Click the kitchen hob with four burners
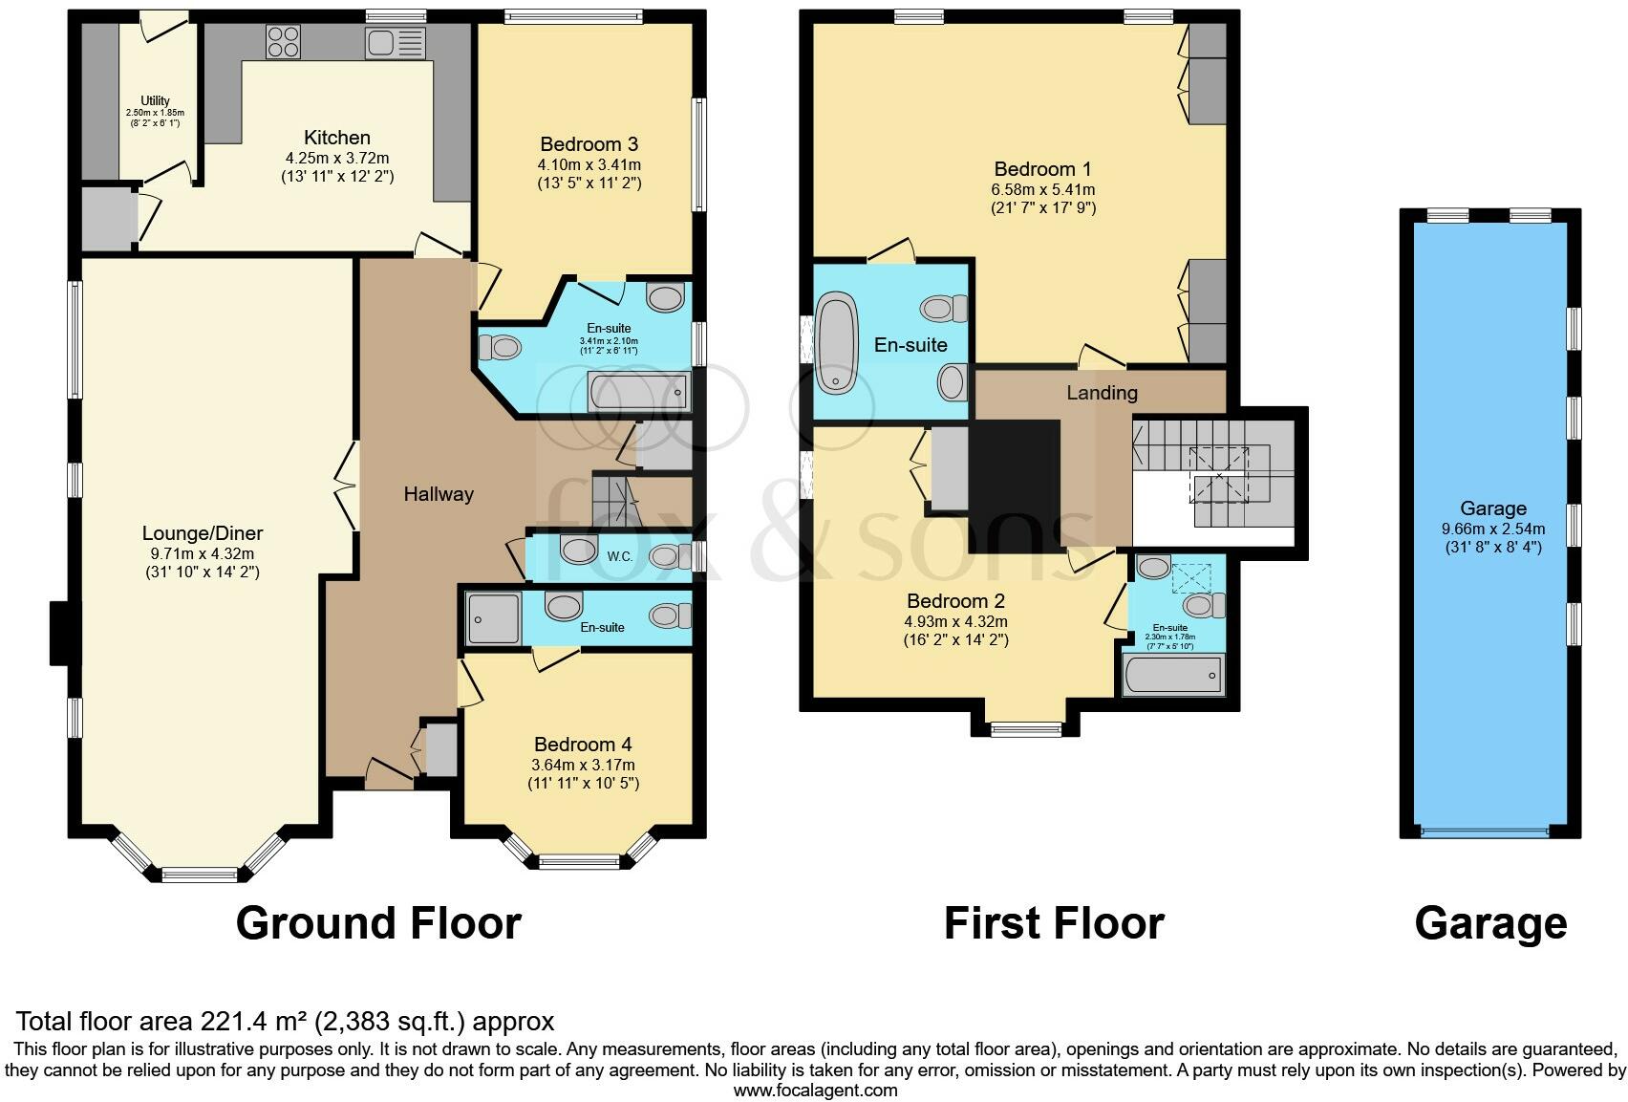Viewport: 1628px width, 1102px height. point(284,41)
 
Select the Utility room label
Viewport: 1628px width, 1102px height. point(155,100)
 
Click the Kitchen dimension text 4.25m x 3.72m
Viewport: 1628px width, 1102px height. point(337,158)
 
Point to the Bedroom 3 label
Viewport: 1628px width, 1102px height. point(589,144)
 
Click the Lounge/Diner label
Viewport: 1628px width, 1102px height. point(203,532)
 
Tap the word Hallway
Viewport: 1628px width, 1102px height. point(439,494)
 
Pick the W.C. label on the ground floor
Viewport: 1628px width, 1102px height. point(619,557)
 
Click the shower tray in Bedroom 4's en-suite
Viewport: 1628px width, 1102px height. point(494,619)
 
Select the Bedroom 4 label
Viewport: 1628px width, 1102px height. point(583,745)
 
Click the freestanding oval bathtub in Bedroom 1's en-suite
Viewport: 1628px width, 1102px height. point(837,343)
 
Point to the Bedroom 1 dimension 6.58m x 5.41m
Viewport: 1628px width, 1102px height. point(1043,190)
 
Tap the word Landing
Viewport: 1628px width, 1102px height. point(1102,393)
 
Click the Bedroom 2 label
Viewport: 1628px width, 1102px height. point(955,601)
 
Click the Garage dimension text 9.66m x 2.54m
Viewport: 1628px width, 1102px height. point(1493,529)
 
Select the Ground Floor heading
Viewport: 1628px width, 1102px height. point(378,923)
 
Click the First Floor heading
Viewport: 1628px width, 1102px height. point(1054,923)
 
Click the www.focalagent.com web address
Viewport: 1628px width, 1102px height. point(816,1091)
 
